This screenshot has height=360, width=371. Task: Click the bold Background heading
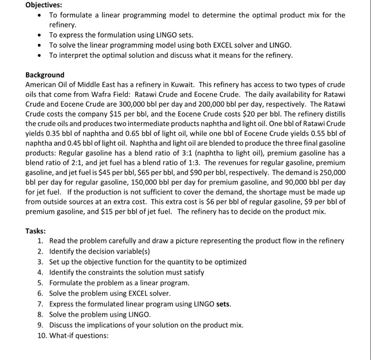[45, 75]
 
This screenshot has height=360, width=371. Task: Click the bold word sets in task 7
[224, 303]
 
